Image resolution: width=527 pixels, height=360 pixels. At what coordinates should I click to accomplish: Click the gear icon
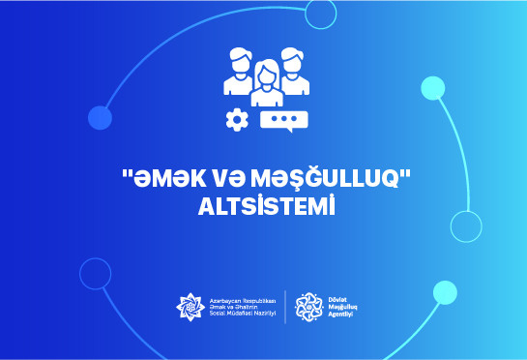click(x=237, y=119)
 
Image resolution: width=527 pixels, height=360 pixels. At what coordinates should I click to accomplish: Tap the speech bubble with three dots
click(x=284, y=121)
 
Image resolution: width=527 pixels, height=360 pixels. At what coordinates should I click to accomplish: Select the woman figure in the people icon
click(x=267, y=83)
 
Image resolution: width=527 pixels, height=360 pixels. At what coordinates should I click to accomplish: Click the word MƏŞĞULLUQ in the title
click(x=325, y=178)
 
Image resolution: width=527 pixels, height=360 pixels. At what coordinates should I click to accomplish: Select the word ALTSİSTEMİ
click(x=267, y=205)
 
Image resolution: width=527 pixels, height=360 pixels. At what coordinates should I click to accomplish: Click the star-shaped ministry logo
click(x=190, y=307)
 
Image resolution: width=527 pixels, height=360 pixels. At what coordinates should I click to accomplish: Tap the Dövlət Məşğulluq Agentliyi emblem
click(x=308, y=307)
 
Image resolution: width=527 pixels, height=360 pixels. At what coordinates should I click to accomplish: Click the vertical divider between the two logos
click(x=285, y=307)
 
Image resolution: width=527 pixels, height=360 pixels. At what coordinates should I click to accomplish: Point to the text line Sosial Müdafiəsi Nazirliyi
click(x=243, y=314)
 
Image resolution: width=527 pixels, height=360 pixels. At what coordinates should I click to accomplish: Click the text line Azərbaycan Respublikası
click(x=243, y=301)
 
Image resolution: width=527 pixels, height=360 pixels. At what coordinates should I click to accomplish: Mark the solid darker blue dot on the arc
click(x=100, y=118)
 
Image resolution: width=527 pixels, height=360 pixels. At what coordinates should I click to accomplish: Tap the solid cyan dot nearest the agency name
click(x=445, y=292)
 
